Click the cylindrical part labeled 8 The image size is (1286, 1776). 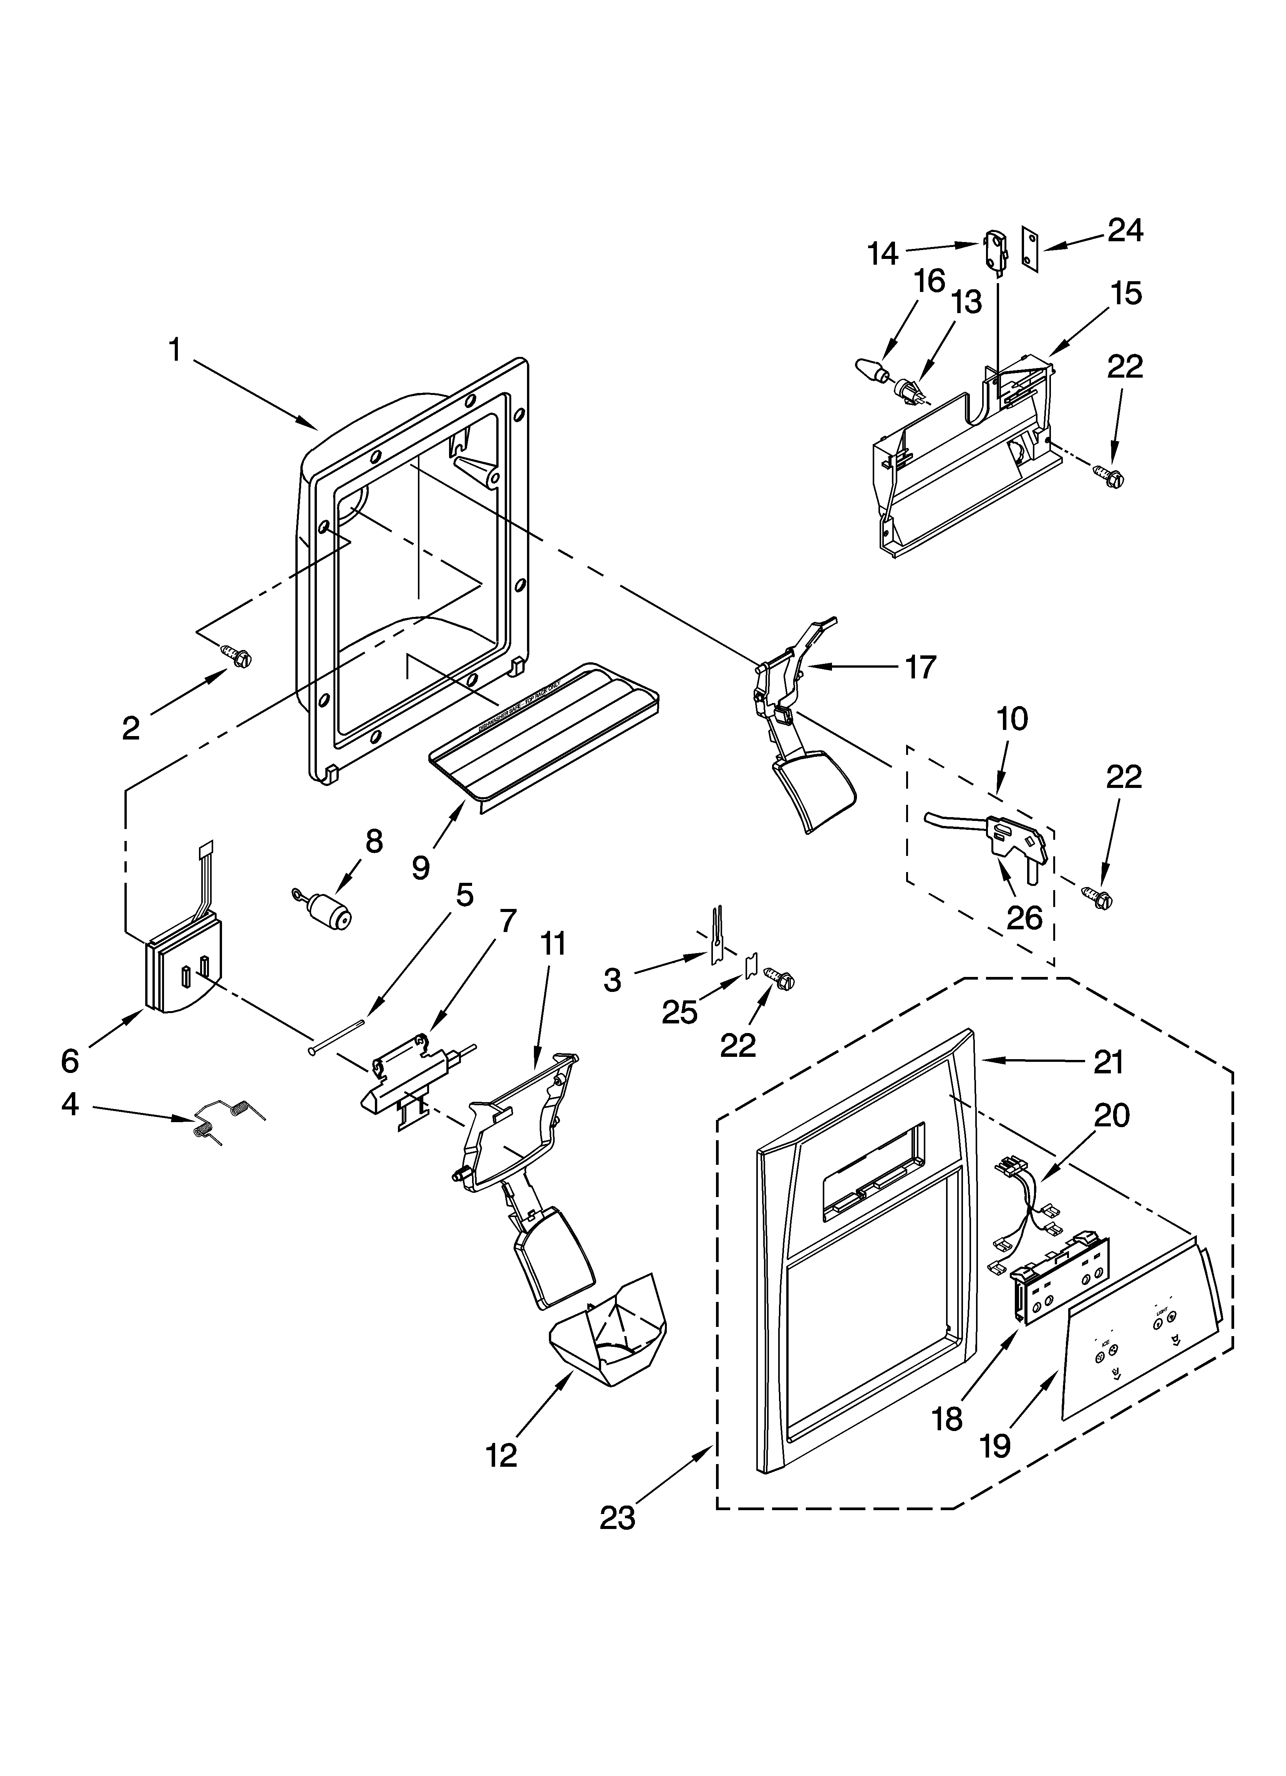coord(327,910)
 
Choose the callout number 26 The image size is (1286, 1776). coord(1024,917)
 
